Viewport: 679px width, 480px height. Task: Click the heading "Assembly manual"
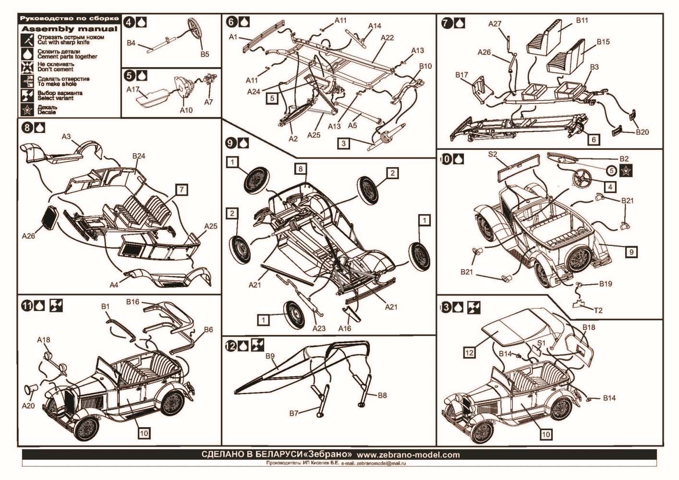69,29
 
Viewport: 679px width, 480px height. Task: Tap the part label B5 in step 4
205,54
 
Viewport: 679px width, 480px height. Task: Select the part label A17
133,89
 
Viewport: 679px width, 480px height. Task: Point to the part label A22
387,37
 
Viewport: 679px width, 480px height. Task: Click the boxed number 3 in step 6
343,143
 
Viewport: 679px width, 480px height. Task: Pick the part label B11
582,21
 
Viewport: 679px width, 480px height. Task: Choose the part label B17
461,75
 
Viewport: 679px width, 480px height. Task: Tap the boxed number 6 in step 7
594,139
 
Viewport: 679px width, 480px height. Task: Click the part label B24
139,156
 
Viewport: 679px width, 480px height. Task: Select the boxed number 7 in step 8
182,190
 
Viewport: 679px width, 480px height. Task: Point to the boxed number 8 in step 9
301,168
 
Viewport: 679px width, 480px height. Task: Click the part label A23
319,328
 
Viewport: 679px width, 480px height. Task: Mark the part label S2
493,155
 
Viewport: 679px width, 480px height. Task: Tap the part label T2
598,310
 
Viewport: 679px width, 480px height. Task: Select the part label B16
133,302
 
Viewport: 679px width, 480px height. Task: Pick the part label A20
28,406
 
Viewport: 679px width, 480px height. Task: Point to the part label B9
270,356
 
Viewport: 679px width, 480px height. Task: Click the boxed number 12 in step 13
469,353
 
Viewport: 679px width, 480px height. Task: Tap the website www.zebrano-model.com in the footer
408,455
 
